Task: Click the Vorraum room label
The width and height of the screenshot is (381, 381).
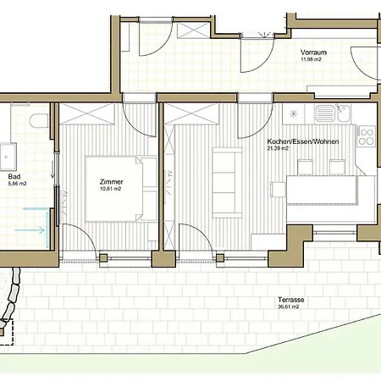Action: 313,52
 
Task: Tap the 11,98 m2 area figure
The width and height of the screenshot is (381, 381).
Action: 311,59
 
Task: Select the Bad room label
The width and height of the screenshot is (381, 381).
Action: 14,177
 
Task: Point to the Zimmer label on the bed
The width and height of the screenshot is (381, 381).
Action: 111,182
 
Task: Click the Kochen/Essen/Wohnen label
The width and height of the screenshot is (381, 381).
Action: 303,141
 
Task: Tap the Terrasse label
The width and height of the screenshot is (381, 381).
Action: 291,300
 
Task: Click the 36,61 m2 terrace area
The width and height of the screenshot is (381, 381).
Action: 289,306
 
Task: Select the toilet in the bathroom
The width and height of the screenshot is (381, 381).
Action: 39,121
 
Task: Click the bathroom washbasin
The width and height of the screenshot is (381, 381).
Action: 8,157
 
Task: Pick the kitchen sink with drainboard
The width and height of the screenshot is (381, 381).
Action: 333,113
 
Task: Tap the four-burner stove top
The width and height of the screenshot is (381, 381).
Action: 366,136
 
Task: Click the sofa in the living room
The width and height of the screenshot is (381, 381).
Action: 227,183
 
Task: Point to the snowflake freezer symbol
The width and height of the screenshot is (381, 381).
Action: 294,113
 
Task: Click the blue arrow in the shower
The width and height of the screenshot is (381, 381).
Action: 30,230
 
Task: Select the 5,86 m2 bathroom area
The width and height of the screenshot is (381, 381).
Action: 17,184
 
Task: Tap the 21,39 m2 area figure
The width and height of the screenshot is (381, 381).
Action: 278,148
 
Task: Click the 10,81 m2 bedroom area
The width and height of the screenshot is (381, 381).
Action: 110,189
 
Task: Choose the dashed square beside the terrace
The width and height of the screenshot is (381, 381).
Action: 7,332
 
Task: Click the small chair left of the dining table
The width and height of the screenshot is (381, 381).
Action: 279,189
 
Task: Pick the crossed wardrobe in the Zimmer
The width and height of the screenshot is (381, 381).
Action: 86,113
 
